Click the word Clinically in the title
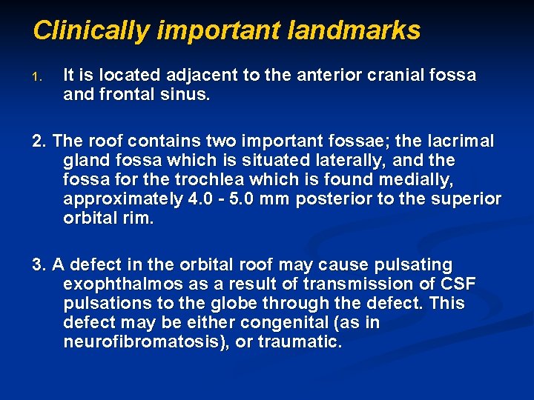tap(92, 30)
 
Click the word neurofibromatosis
tap(145, 342)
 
